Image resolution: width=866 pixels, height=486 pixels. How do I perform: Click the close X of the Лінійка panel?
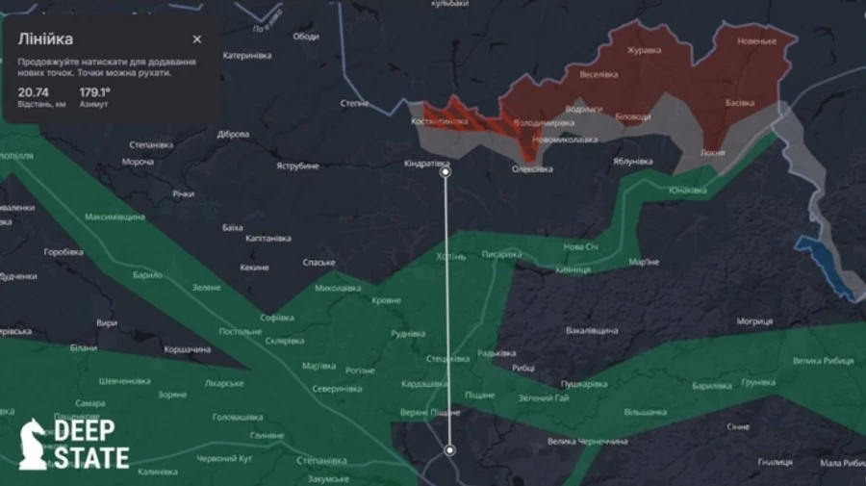tap(197, 39)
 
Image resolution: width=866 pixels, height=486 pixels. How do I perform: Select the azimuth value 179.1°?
tap(94, 92)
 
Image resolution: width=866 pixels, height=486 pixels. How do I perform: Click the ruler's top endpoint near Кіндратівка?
tap(445, 174)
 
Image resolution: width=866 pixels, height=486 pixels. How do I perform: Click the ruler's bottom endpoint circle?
tap(449, 449)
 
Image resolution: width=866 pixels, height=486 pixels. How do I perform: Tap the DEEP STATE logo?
tap(74, 444)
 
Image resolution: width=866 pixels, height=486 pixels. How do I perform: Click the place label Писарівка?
tap(501, 255)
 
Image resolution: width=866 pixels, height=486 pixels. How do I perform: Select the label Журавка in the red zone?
tap(644, 50)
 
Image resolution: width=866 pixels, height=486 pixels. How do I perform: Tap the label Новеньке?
tap(756, 41)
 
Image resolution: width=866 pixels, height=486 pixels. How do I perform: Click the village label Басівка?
tap(740, 102)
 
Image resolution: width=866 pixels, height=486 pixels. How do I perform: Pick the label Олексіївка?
tap(532, 169)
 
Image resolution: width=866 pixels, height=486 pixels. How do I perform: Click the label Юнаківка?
tap(688, 190)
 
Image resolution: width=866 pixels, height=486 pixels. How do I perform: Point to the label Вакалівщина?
tap(592, 330)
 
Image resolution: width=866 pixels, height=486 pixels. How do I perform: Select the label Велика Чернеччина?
tap(587, 442)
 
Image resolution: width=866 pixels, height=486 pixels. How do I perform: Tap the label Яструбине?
tap(297, 166)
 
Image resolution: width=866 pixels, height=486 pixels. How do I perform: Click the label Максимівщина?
tap(115, 217)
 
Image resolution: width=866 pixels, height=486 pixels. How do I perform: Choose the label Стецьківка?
tap(448, 358)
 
